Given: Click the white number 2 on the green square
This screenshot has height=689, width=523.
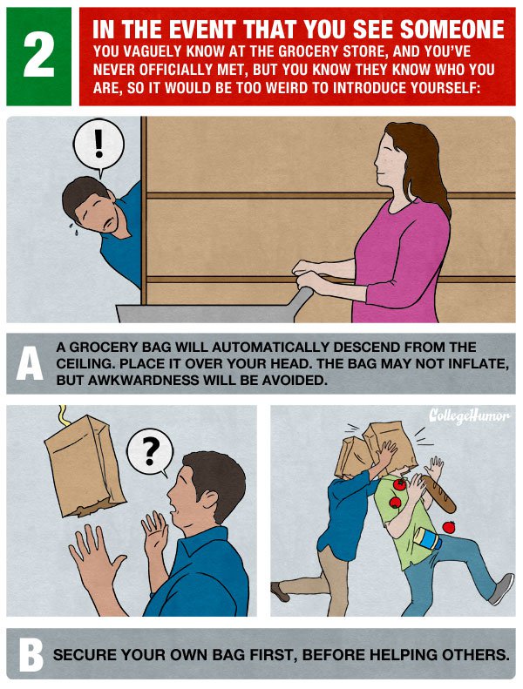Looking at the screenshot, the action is coord(38,56).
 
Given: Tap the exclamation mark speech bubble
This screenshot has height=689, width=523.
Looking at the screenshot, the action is coord(98,145).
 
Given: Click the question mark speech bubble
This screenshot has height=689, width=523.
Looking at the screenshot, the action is coord(150,452).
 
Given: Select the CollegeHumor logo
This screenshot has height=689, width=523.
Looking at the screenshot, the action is coord(469,415).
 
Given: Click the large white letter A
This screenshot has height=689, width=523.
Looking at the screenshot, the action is coord(30,363).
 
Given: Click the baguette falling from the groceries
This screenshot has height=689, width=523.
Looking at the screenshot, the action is coord(439,495).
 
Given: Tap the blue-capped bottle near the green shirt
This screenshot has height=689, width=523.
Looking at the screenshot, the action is coord(428,539).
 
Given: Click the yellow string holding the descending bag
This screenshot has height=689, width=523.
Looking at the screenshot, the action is coord(63,415).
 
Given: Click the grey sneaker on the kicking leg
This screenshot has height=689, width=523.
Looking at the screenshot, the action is coord(501,589).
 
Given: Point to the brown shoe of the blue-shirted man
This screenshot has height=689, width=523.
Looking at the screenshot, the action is coord(280,591).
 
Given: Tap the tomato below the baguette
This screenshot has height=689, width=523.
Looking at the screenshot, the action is coord(449,526).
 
